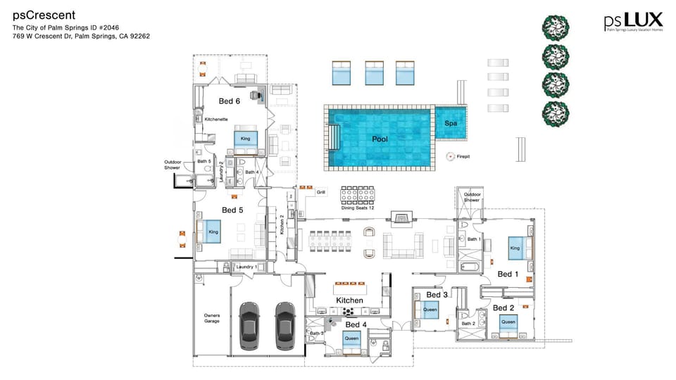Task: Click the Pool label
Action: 380,139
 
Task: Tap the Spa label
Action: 451,123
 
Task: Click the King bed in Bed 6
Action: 246,139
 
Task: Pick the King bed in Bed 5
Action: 212,231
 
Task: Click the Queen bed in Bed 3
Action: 430,309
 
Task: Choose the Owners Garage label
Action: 212,318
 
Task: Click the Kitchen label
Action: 349,300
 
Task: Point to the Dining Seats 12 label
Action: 357,208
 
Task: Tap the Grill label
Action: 321,191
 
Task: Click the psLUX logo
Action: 632,22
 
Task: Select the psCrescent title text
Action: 44,15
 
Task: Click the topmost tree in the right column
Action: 556,27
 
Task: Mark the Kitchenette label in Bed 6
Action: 215,120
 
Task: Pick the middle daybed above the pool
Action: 374,73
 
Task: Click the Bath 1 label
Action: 474,240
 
